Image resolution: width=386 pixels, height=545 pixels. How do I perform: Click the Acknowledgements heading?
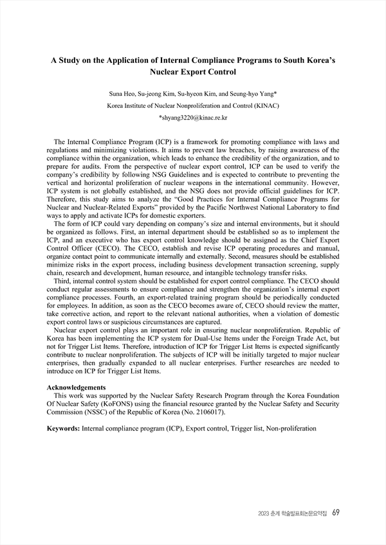coord(77,388)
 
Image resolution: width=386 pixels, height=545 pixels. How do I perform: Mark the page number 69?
coord(336,513)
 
